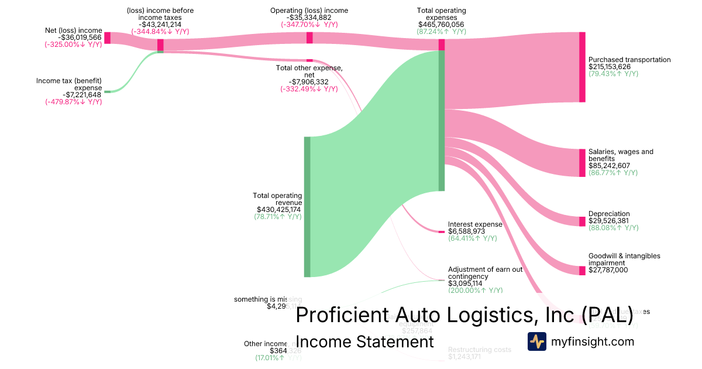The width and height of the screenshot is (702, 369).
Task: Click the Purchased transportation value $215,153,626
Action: pyautogui.click(x=614, y=67)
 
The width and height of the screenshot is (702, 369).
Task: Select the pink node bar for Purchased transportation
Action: pyautogui.click(x=582, y=67)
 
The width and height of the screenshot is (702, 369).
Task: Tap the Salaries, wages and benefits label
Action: pyautogui.click(x=621, y=155)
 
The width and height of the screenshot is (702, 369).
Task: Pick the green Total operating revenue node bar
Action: pyautogui.click(x=307, y=206)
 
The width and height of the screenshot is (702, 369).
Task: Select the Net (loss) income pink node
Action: pyautogui.click(x=107, y=38)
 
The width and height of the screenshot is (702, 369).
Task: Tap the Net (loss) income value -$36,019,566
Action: pyautogui.click(x=80, y=37)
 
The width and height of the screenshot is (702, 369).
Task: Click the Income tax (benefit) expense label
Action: pyautogui.click(x=69, y=84)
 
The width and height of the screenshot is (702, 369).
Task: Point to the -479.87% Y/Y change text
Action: pyautogui.click(x=74, y=102)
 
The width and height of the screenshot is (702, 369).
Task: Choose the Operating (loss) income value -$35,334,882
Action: pyautogui.click(x=309, y=18)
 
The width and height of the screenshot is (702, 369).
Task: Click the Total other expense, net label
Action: pyautogui.click(x=309, y=71)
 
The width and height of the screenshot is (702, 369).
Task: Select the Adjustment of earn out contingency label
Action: pyautogui.click(x=485, y=273)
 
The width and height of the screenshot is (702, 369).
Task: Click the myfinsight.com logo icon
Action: pyautogui.click(x=537, y=341)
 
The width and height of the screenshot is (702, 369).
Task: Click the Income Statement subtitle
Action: pyautogui.click(x=365, y=341)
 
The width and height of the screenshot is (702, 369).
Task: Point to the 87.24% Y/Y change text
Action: pyautogui.click(x=441, y=32)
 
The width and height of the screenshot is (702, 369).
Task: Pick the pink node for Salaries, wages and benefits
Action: pyautogui.click(x=582, y=163)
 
